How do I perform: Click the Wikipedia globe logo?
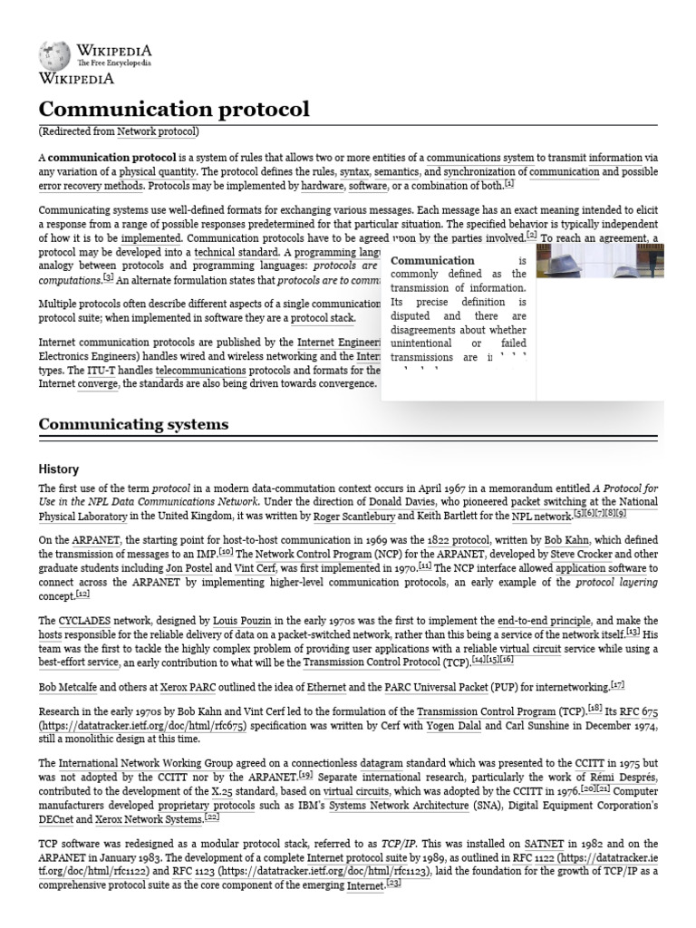(53, 56)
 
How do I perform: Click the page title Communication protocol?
(174, 110)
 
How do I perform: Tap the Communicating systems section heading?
(133, 424)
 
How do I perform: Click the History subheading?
(58, 469)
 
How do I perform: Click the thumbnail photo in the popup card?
(599, 260)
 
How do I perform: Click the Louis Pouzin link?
(243, 621)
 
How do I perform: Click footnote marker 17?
(617, 684)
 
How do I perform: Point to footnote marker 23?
(393, 884)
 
